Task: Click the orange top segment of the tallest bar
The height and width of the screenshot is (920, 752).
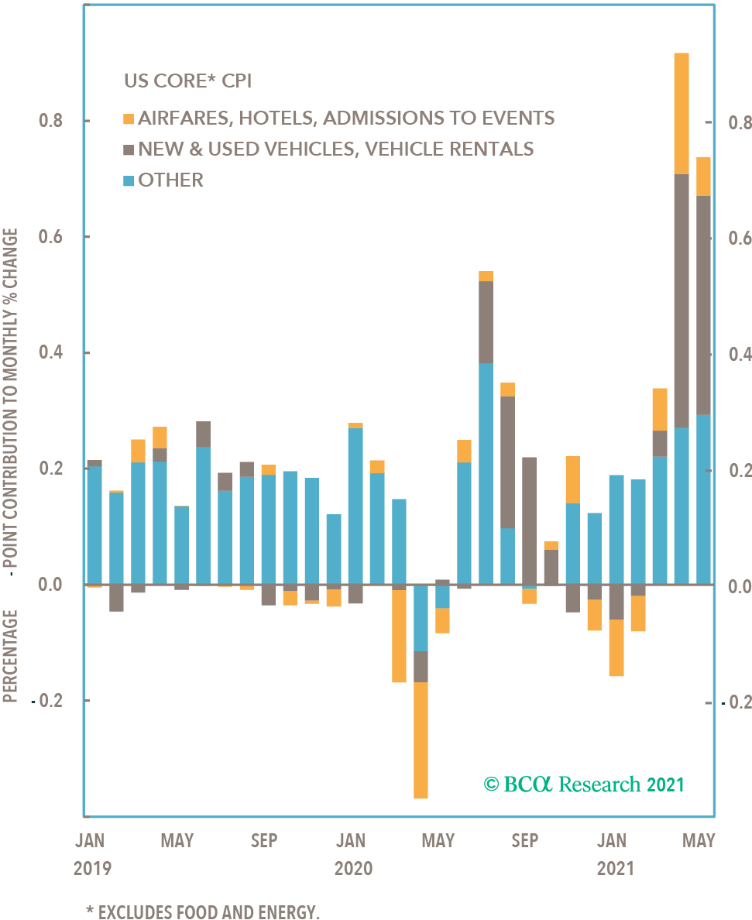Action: tap(682, 113)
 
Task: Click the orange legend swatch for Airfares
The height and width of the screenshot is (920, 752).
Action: tap(129, 119)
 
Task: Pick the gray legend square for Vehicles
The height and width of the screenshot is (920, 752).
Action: tap(129, 149)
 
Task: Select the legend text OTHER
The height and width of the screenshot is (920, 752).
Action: tap(171, 180)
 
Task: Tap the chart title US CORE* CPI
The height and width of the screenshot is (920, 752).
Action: tap(187, 81)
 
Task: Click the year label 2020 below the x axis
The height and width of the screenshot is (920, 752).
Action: tap(353, 868)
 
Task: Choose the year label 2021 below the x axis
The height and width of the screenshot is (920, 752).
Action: tap(615, 868)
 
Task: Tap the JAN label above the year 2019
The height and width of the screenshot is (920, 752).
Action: tap(91, 840)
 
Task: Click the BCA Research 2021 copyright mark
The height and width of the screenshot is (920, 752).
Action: tap(585, 784)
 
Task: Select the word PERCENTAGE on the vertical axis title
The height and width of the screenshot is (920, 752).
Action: tap(11, 656)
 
